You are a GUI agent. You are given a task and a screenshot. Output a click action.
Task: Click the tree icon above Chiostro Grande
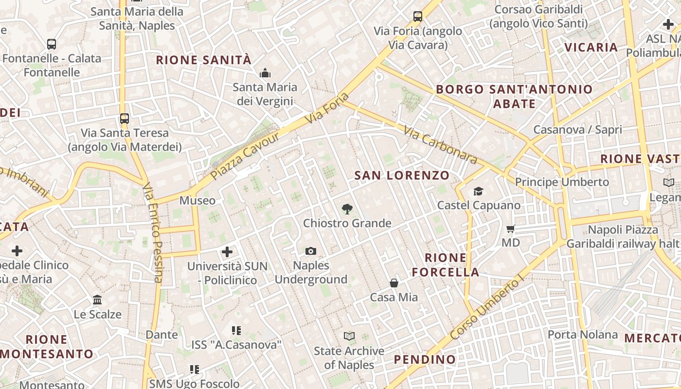(x=347, y=209)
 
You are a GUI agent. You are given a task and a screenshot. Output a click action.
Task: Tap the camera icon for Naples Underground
(x=311, y=251)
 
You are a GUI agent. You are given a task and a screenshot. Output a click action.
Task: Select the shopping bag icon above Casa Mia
(x=394, y=283)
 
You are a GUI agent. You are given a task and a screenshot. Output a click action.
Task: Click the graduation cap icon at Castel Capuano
(x=479, y=191)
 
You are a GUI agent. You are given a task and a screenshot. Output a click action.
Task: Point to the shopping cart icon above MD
(x=510, y=229)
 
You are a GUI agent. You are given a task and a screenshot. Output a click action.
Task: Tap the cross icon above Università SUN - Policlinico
(x=227, y=252)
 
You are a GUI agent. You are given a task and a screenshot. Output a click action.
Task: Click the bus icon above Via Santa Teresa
(x=125, y=118)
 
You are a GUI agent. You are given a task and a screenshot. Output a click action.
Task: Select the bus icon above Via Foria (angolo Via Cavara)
(x=418, y=17)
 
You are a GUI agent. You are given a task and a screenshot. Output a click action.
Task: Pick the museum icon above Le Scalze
(x=97, y=300)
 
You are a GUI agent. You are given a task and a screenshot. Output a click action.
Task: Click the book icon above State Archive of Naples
(x=349, y=336)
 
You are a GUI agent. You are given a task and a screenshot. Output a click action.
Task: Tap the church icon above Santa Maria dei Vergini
(x=265, y=73)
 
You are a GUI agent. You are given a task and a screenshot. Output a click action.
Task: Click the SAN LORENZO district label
(x=402, y=176)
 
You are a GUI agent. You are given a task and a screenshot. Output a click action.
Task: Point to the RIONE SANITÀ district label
(x=203, y=60)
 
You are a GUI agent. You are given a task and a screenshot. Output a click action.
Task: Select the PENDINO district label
(x=425, y=360)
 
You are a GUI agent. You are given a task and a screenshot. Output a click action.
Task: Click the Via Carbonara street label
(x=440, y=144)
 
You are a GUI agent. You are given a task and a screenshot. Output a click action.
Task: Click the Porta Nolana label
(x=583, y=335)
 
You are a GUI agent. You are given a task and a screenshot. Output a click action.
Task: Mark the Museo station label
(x=197, y=200)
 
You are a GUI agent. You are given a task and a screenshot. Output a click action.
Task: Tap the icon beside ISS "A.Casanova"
(x=236, y=331)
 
